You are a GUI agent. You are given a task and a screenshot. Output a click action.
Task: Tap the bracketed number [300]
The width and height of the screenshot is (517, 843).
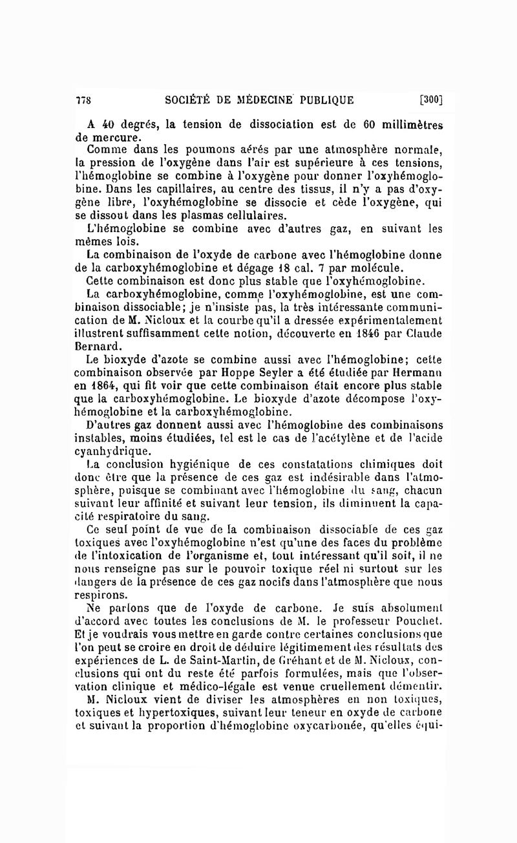[430, 100]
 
